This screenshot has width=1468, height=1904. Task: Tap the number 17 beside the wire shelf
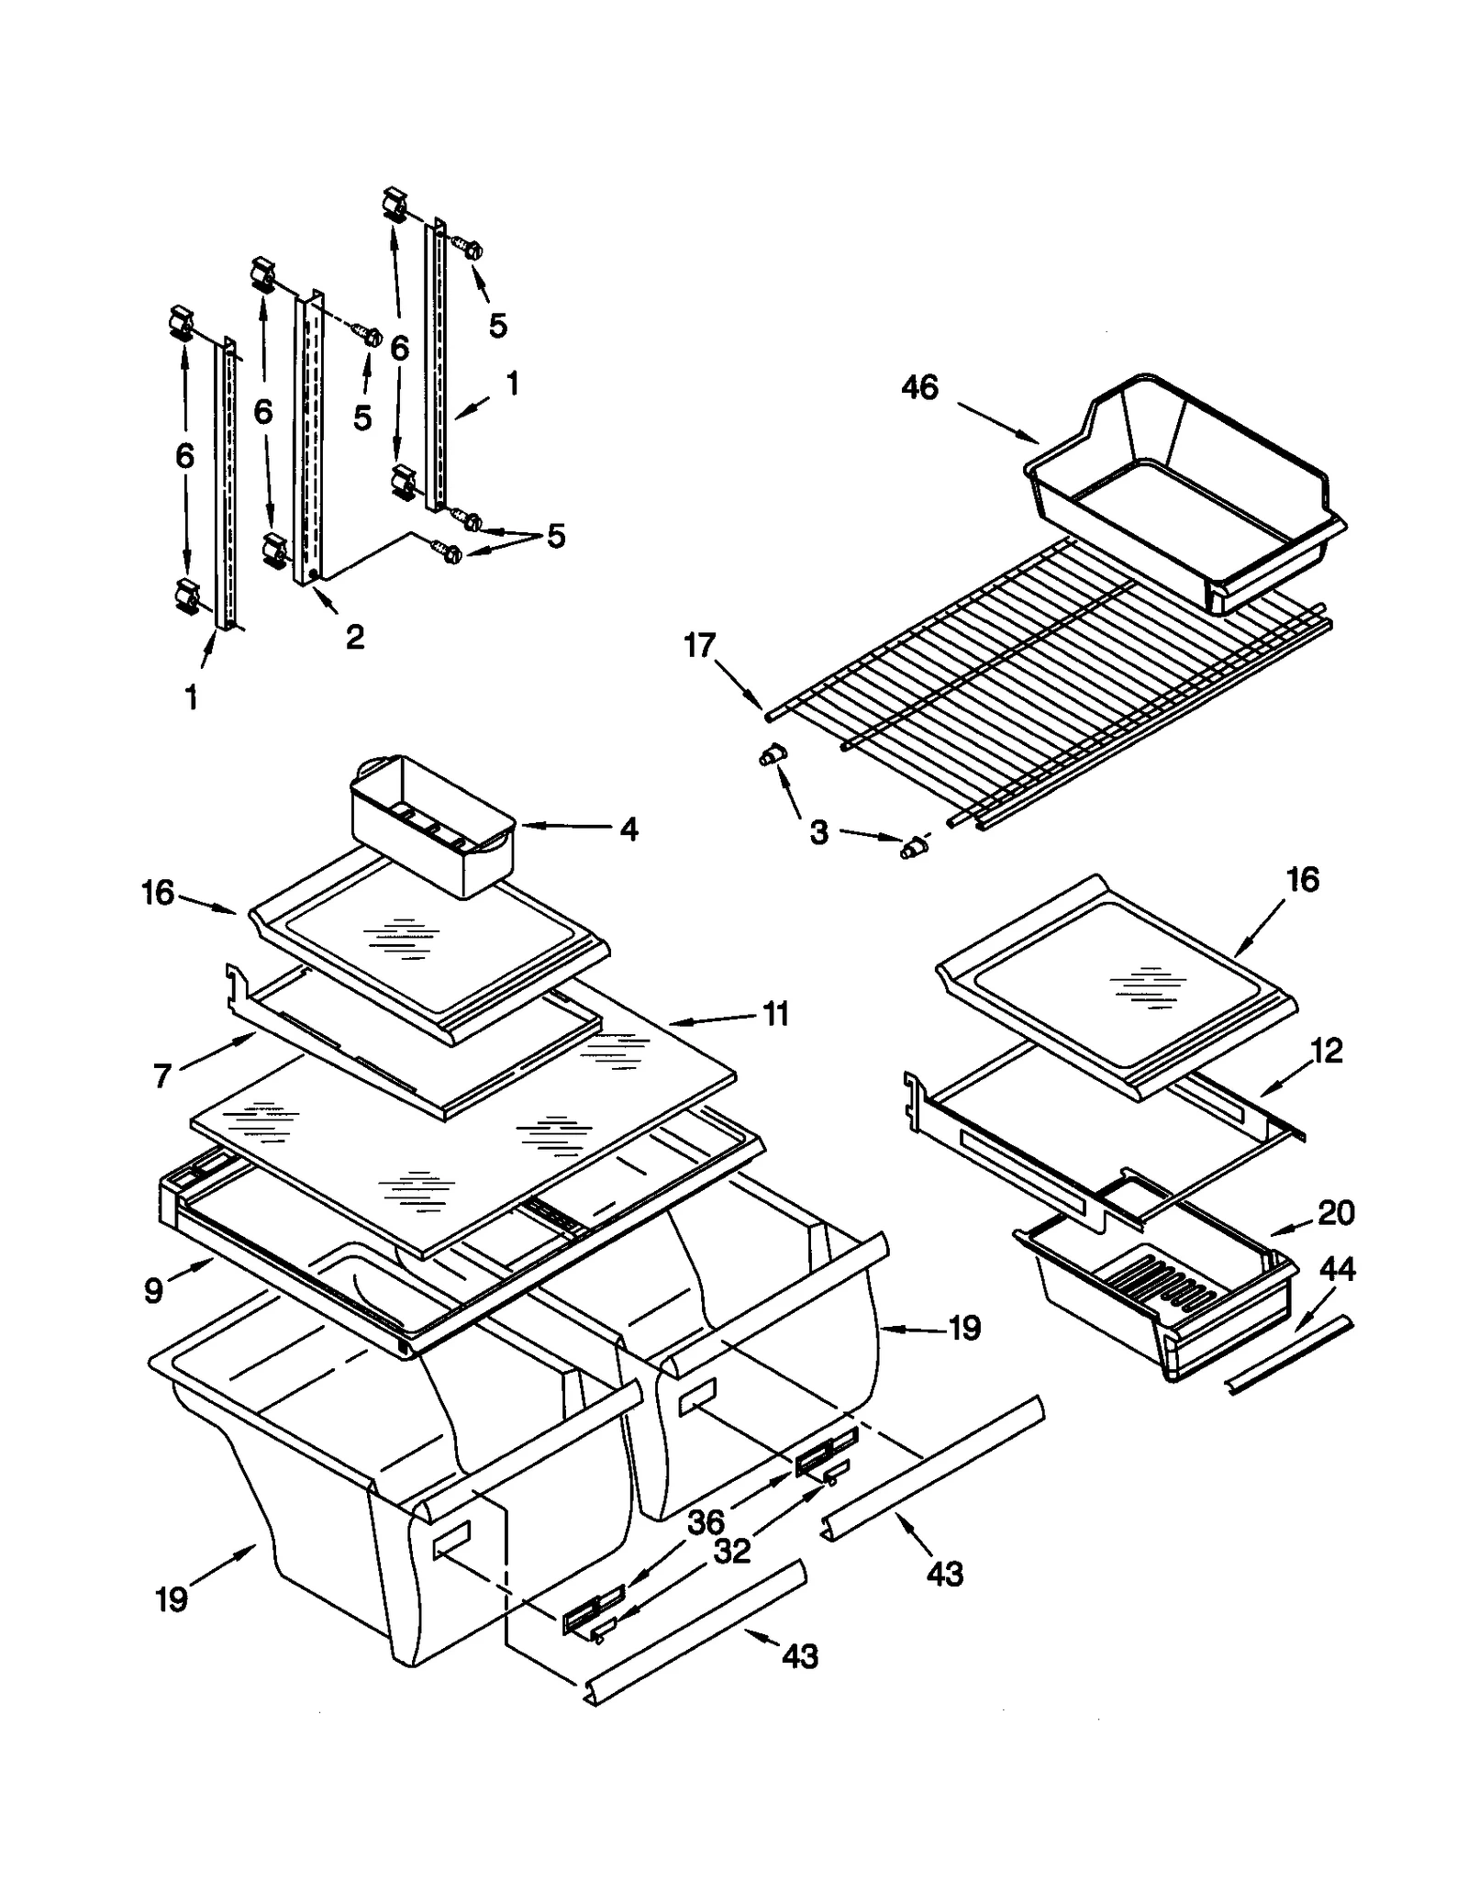(699, 646)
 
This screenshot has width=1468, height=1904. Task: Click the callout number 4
(628, 829)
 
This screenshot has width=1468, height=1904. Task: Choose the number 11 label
(775, 1014)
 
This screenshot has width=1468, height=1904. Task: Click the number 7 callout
(162, 1076)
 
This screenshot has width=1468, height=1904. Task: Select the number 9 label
(154, 1291)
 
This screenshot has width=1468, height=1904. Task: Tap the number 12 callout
(1327, 1051)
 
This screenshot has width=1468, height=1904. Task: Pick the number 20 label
(1335, 1213)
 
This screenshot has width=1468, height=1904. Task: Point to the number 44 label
(1337, 1270)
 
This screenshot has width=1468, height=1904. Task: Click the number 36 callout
(706, 1522)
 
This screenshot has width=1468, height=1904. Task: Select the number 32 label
(731, 1551)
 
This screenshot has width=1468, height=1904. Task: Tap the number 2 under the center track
(354, 636)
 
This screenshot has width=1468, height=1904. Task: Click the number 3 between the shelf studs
(818, 832)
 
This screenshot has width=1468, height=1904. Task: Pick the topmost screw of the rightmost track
(471, 248)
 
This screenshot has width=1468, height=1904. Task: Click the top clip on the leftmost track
(182, 325)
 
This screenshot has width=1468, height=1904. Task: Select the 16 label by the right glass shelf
(1302, 879)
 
